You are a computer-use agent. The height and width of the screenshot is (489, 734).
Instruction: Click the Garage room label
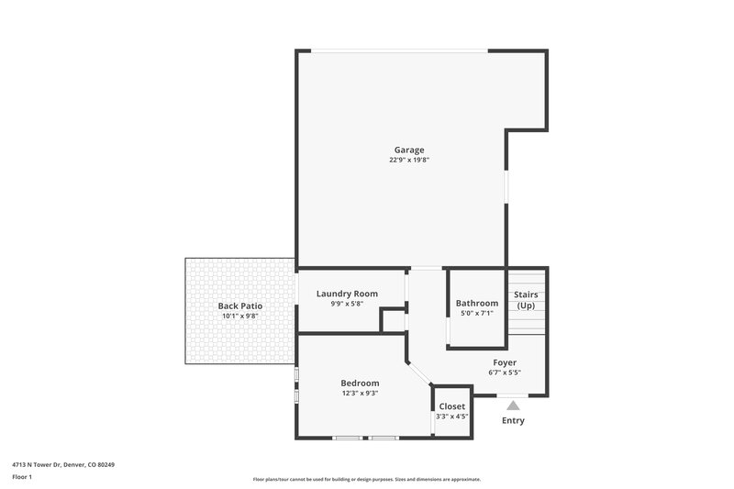(409, 150)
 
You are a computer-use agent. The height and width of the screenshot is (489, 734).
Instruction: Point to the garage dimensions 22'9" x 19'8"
(409, 160)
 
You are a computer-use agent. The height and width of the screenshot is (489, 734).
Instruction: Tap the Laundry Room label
(347, 294)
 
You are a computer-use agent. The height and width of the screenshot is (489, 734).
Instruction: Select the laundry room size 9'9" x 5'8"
(347, 304)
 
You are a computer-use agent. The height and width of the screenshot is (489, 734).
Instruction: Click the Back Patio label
(240, 306)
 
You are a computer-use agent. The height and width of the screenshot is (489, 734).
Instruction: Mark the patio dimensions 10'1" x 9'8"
(240, 316)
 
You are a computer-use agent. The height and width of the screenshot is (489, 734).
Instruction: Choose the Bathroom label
(477, 303)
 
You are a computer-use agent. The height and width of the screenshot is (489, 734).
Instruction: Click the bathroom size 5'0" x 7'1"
(477, 313)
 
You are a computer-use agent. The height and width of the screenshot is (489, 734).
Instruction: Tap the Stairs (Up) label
(526, 300)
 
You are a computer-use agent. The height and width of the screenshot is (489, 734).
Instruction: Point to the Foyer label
(505, 362)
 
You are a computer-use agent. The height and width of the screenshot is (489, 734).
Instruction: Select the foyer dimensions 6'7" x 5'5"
(505, 372)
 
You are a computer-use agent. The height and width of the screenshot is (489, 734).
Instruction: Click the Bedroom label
(360, 383)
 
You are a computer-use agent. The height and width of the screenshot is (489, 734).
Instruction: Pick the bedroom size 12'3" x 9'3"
(360, 393)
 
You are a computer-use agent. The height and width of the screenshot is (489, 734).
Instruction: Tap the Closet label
(451, 406)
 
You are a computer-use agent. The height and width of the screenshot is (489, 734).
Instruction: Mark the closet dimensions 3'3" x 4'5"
(451, 416)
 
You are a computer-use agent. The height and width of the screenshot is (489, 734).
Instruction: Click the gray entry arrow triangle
(513, 405)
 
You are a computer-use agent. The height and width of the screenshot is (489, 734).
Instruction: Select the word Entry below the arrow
(513, 420)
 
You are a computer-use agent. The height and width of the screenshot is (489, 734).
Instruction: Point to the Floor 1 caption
(23, 477)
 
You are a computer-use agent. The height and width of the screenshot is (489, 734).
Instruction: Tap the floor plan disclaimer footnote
(366, 479)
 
